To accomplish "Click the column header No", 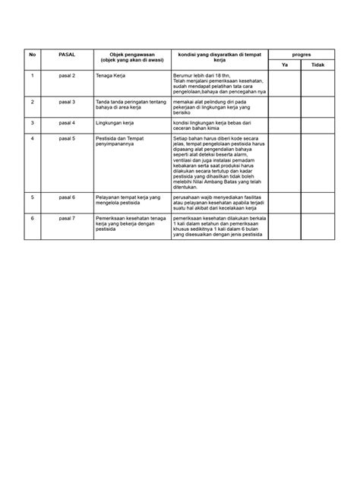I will (x=32, y=55).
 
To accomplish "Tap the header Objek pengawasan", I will (x=126, y=58).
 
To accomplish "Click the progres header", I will (x=302, y=55).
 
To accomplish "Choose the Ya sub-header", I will (x=284, y=65).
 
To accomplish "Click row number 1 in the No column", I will (x=32, y=77).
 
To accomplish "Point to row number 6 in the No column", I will (x=32, y=217).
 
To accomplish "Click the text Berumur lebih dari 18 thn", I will (x=200, y=77).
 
